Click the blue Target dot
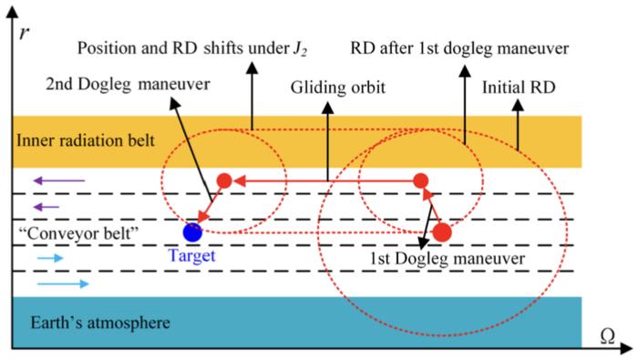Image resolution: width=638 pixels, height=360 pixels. (x=192, y=231)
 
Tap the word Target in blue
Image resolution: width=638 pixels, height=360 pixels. (x=192, y=256)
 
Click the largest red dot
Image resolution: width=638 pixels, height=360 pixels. (x=442, y=231)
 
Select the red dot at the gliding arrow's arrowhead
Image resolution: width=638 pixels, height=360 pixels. (x=223, y=180)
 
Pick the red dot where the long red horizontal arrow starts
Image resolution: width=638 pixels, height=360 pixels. (x=421, y=180)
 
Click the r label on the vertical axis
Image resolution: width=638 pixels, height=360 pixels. (x=22, y=34)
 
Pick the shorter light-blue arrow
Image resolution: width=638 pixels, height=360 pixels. (x=51, y=258)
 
